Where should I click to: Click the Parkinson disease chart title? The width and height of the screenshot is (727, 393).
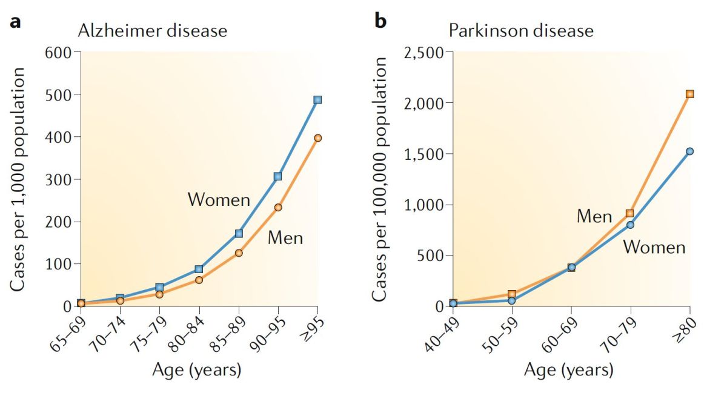coord(521,30)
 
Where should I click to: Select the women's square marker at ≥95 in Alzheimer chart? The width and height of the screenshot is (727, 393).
coord(317,100)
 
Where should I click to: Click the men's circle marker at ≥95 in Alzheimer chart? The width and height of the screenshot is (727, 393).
coord(317,138)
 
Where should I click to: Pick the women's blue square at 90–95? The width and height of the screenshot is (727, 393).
coord(277,176)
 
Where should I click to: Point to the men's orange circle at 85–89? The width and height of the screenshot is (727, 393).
coord(239,253)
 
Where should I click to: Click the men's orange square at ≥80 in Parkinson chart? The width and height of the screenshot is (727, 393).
coord(689,94)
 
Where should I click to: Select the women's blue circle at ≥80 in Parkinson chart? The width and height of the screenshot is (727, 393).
coord(689,151)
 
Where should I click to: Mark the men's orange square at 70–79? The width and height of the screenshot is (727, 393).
coord(630,213)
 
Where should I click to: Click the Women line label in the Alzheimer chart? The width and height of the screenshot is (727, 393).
coord(219,199)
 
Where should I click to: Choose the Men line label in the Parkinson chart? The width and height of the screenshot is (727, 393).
coord(594,216)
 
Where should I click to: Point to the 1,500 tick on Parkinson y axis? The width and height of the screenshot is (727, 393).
coord(423,154)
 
